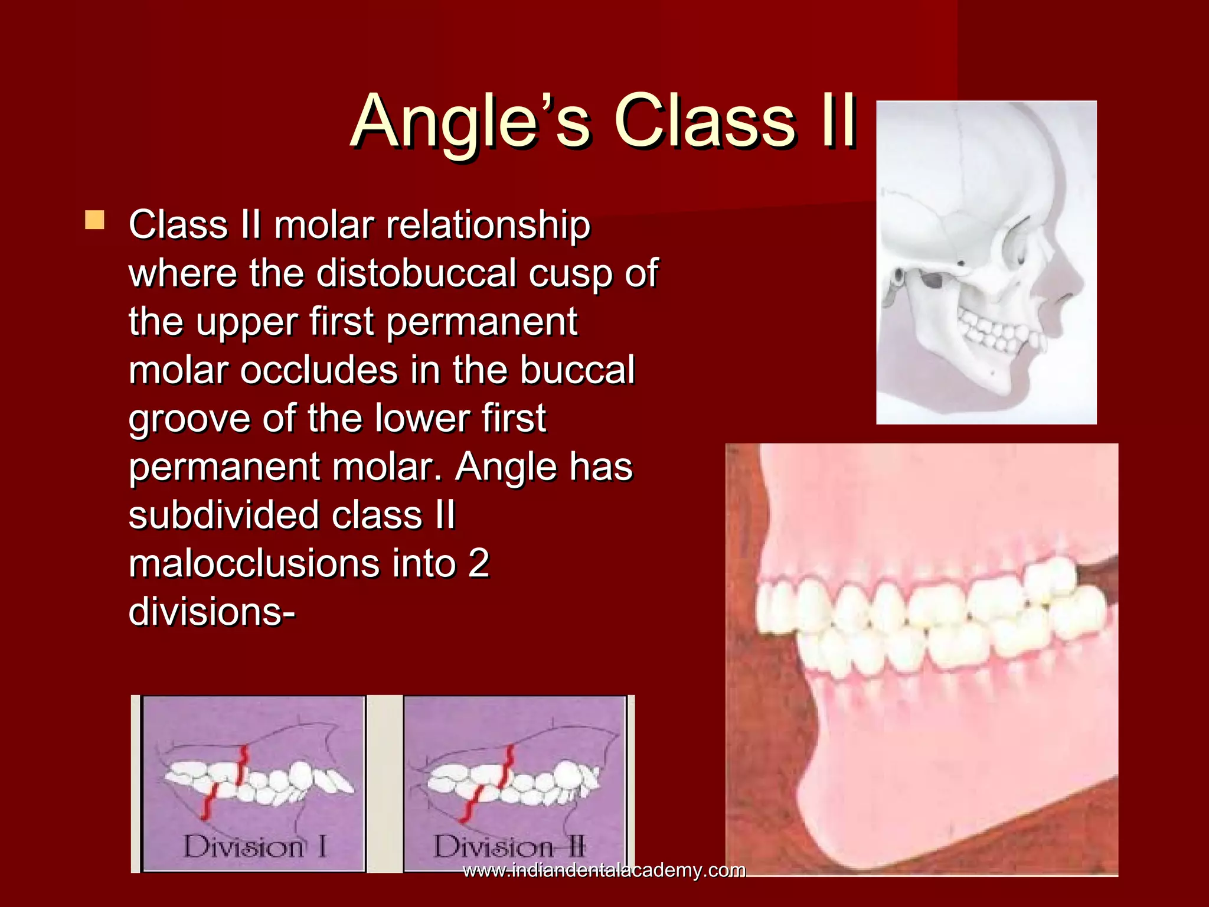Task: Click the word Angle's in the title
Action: click(469, 123)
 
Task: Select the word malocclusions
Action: click(254, 563)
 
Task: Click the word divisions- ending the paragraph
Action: click(211, 612)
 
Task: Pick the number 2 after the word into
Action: click(478, 563)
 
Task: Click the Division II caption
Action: click(509, 847)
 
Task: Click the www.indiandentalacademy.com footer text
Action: click(603, 870)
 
